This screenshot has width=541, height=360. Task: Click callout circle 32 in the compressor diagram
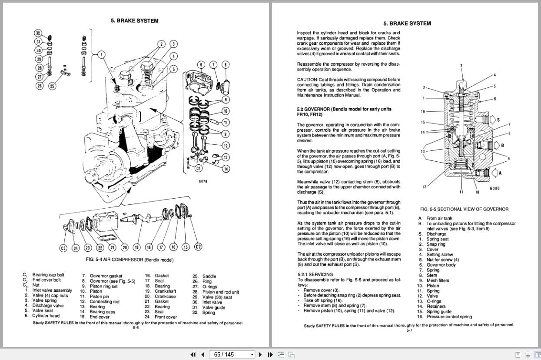38,33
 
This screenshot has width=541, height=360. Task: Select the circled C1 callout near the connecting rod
198,168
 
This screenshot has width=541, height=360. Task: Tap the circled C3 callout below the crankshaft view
63,248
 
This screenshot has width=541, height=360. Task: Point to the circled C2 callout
198,247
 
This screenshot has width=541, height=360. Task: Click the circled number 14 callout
226,169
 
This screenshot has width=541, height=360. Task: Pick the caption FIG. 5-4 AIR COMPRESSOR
129,260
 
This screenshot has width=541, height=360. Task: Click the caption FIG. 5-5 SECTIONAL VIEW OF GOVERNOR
464,209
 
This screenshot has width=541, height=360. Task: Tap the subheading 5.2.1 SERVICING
315,274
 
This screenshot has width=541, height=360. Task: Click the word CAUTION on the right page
307,80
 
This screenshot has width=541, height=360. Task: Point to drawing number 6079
203,181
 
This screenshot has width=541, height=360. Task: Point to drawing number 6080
495,188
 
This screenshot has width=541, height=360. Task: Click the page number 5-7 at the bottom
409,330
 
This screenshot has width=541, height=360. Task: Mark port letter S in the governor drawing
498,120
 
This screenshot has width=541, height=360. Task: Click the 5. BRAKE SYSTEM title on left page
134,20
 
